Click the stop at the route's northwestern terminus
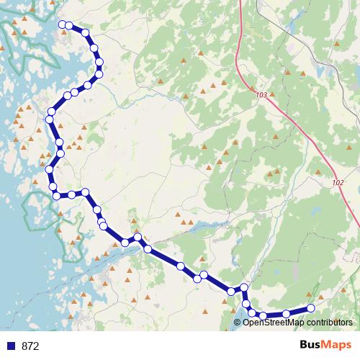pos(62,25)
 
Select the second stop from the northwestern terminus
pos(69,26)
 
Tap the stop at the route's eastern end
pos(311,308)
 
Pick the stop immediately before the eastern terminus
pos(287,313)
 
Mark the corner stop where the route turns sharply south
pos(244,288)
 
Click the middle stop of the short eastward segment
pos(72,194)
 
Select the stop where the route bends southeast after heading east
pos(85,192)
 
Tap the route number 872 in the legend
pos(31,346)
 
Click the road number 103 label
pos(261,95)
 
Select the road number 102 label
pos(338,183)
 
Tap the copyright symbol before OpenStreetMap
pos(237,323)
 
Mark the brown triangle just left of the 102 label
pos(319,172)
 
